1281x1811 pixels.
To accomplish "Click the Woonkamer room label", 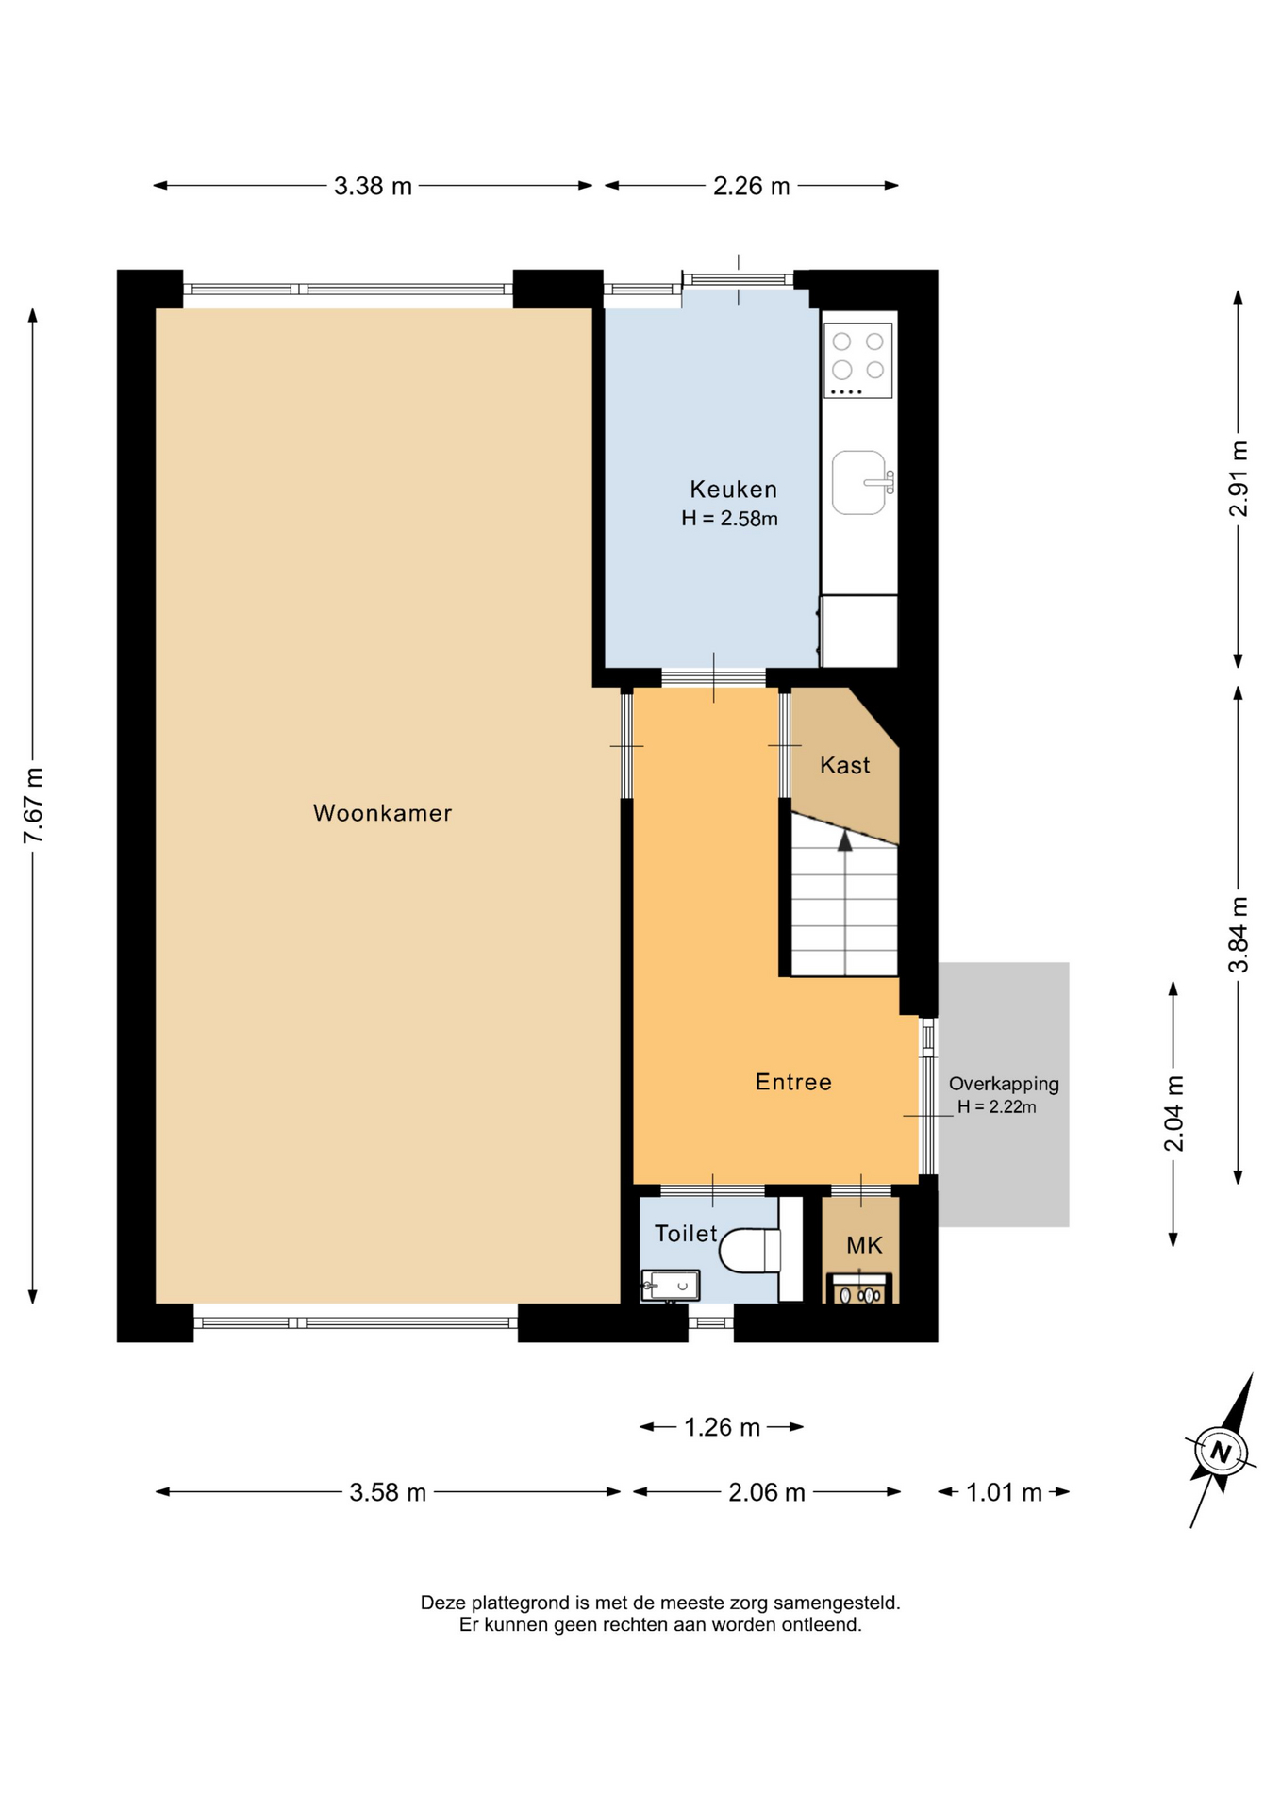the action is (382, 813).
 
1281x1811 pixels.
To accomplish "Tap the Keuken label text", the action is (734, 490).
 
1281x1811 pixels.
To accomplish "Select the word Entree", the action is (793, 1082).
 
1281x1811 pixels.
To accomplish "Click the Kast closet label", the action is (845, 765).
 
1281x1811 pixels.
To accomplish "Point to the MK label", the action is (864, 1245).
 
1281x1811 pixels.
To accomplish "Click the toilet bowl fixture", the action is (750, 1251).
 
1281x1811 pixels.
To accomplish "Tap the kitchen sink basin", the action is (859, 483).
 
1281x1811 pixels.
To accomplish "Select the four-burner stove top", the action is (858, 360).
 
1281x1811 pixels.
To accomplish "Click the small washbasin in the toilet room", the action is (670, 1286).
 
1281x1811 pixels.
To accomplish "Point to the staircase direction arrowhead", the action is (845, 839).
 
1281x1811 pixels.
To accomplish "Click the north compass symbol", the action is (1222, 1451).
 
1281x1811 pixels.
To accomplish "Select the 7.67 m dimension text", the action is (34, 806).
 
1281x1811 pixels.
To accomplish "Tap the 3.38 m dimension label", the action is (373, 186).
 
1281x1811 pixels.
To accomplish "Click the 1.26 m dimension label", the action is (722, 1427).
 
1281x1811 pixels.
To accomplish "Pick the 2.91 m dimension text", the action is (1239, 478).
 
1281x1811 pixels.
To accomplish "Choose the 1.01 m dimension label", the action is (1004, 1492).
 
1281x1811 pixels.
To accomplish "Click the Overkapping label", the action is (1004, 1085).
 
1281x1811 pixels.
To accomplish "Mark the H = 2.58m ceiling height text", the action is (729, 518).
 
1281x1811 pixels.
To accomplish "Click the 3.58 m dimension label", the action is (388, 1492).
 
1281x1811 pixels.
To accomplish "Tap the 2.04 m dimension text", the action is (1173, 1113).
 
